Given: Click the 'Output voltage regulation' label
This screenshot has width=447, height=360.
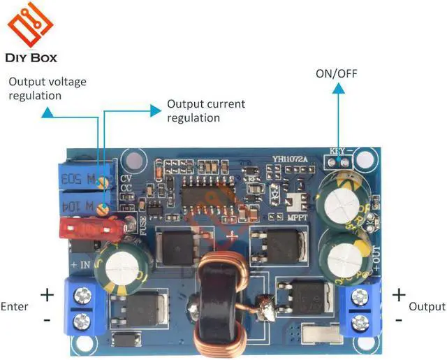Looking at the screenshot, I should coord(47,88).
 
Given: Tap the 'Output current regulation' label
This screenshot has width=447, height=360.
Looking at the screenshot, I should coord(206,110).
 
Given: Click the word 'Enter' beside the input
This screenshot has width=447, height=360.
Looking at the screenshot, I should coord(15,306).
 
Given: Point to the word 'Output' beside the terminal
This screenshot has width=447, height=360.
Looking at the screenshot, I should coord(426,306).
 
